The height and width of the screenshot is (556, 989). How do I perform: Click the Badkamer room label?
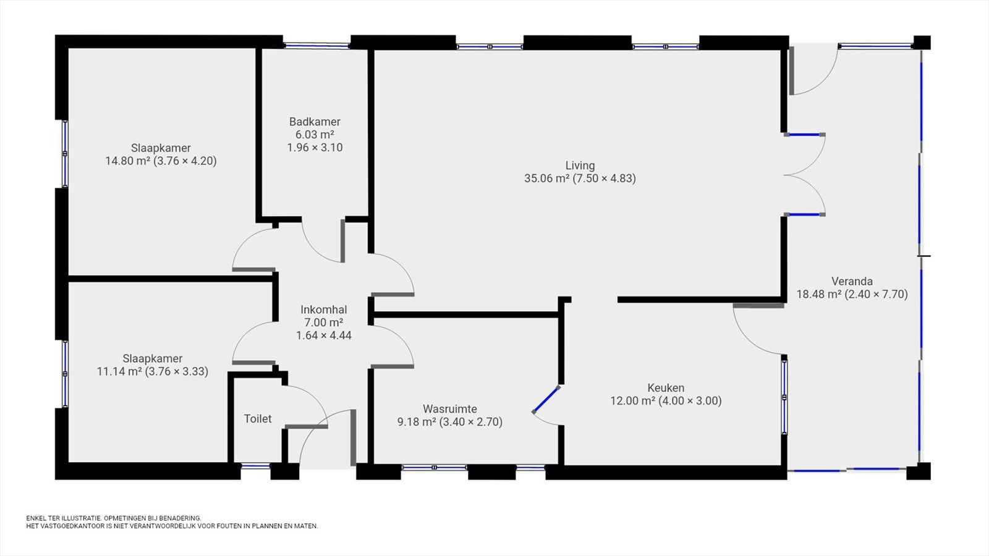[x=315, y=122]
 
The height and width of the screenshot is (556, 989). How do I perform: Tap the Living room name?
[x=580, y=166]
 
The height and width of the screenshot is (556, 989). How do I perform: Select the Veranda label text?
[x=852, y=281]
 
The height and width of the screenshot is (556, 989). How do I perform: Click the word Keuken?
[x=666, y=388]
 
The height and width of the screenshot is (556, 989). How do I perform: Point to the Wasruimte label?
[x=450, y=409]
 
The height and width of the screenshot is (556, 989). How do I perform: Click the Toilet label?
[x=258, y=419]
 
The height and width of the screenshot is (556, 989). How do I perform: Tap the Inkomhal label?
[x=324, y=310]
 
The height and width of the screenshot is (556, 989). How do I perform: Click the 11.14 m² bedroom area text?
[x=119, y=371]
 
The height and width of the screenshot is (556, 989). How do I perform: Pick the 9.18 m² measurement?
[x=417, y=423]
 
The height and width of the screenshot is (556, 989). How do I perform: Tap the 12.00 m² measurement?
[x=633, y=401]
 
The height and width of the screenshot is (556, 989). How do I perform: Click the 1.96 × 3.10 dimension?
[x=315, y=148]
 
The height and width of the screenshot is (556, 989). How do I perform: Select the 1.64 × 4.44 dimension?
[x=324, y=335]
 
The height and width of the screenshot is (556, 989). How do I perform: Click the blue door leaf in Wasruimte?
[x=546, y=400]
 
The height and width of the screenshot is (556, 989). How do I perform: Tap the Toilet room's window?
[x=256, y=466]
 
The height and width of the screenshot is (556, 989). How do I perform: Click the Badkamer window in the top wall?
[x=316, y=45]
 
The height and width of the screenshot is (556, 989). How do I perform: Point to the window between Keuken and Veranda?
[x=784, y=397]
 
